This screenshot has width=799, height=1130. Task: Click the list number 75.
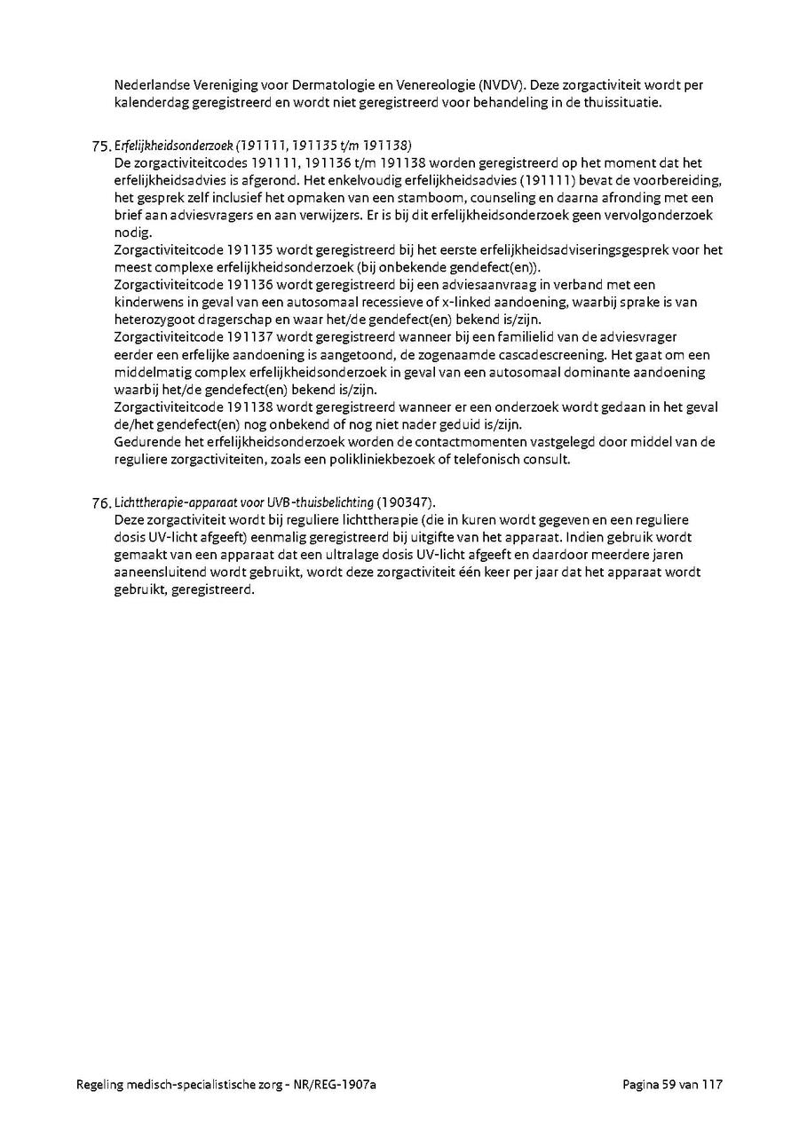coord(101,146)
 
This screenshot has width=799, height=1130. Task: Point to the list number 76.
coord(101,503)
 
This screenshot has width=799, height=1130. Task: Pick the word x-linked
coord(468,302)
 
